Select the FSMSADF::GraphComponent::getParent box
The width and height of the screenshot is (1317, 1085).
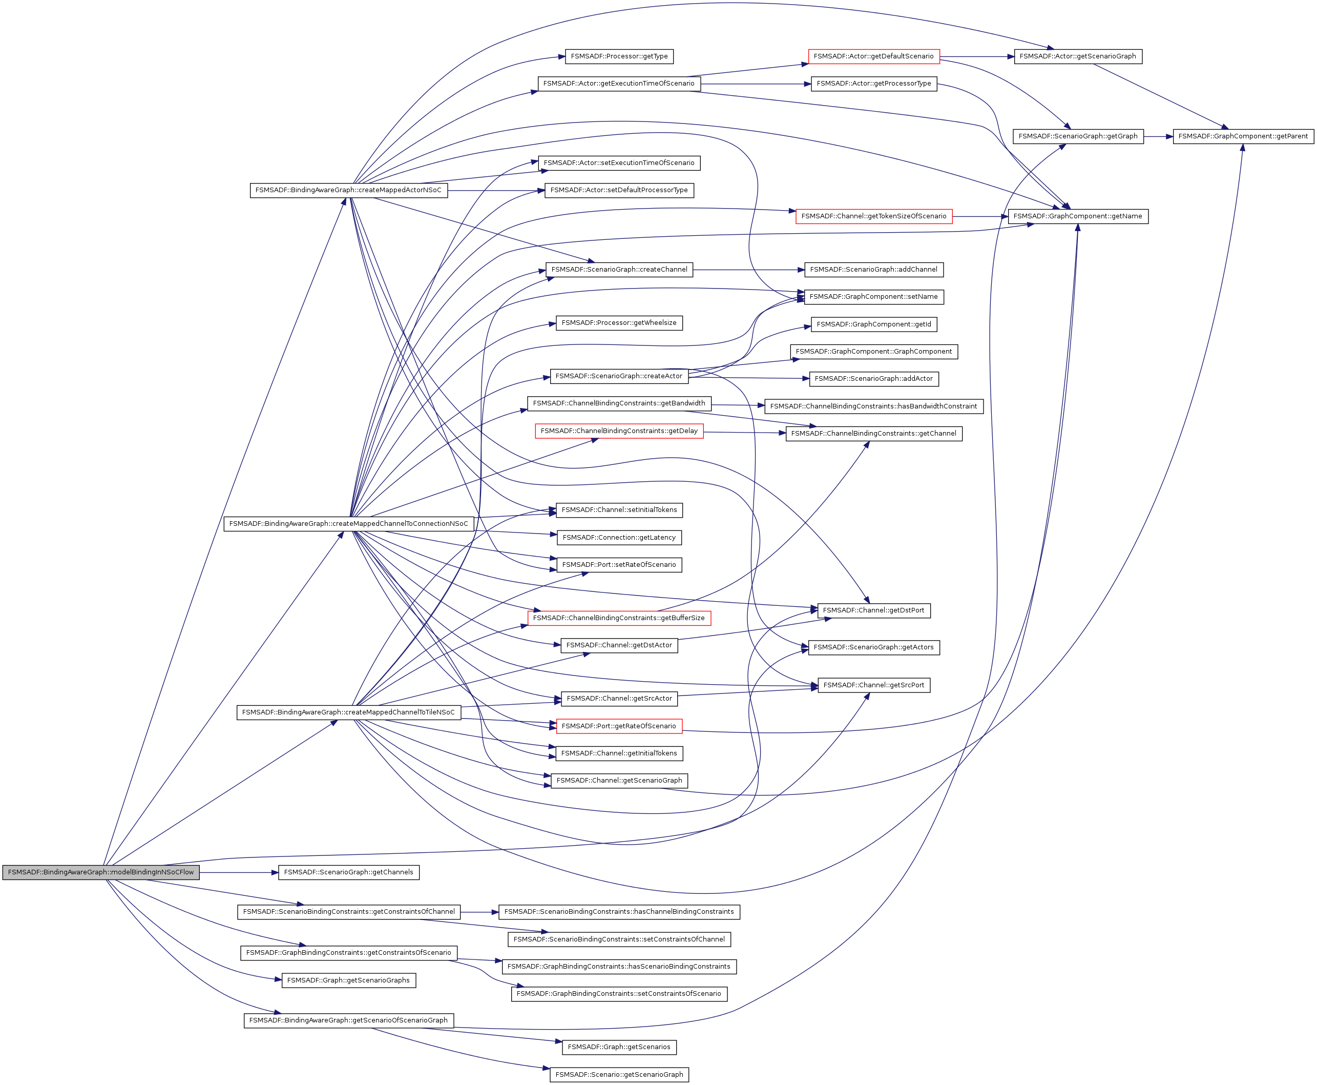[1243, 136]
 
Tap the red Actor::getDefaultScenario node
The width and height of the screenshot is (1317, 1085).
[873, 56]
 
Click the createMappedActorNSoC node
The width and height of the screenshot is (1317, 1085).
[349, 190]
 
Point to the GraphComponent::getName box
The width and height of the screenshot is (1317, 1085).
[1078, 216]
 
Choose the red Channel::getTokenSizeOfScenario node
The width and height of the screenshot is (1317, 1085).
[873, 216]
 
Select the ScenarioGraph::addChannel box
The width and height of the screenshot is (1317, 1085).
[873, 270]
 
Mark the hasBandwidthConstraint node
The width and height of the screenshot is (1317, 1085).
[873, 406]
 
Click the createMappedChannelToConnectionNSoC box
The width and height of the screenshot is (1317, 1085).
[349, 524]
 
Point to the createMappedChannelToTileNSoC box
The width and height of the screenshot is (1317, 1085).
[349, 712]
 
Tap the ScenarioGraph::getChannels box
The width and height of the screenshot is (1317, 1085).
[349, 872]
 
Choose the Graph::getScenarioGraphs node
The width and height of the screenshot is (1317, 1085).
[349, 980]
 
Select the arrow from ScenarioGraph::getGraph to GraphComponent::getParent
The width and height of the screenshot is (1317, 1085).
[1158, 136]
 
